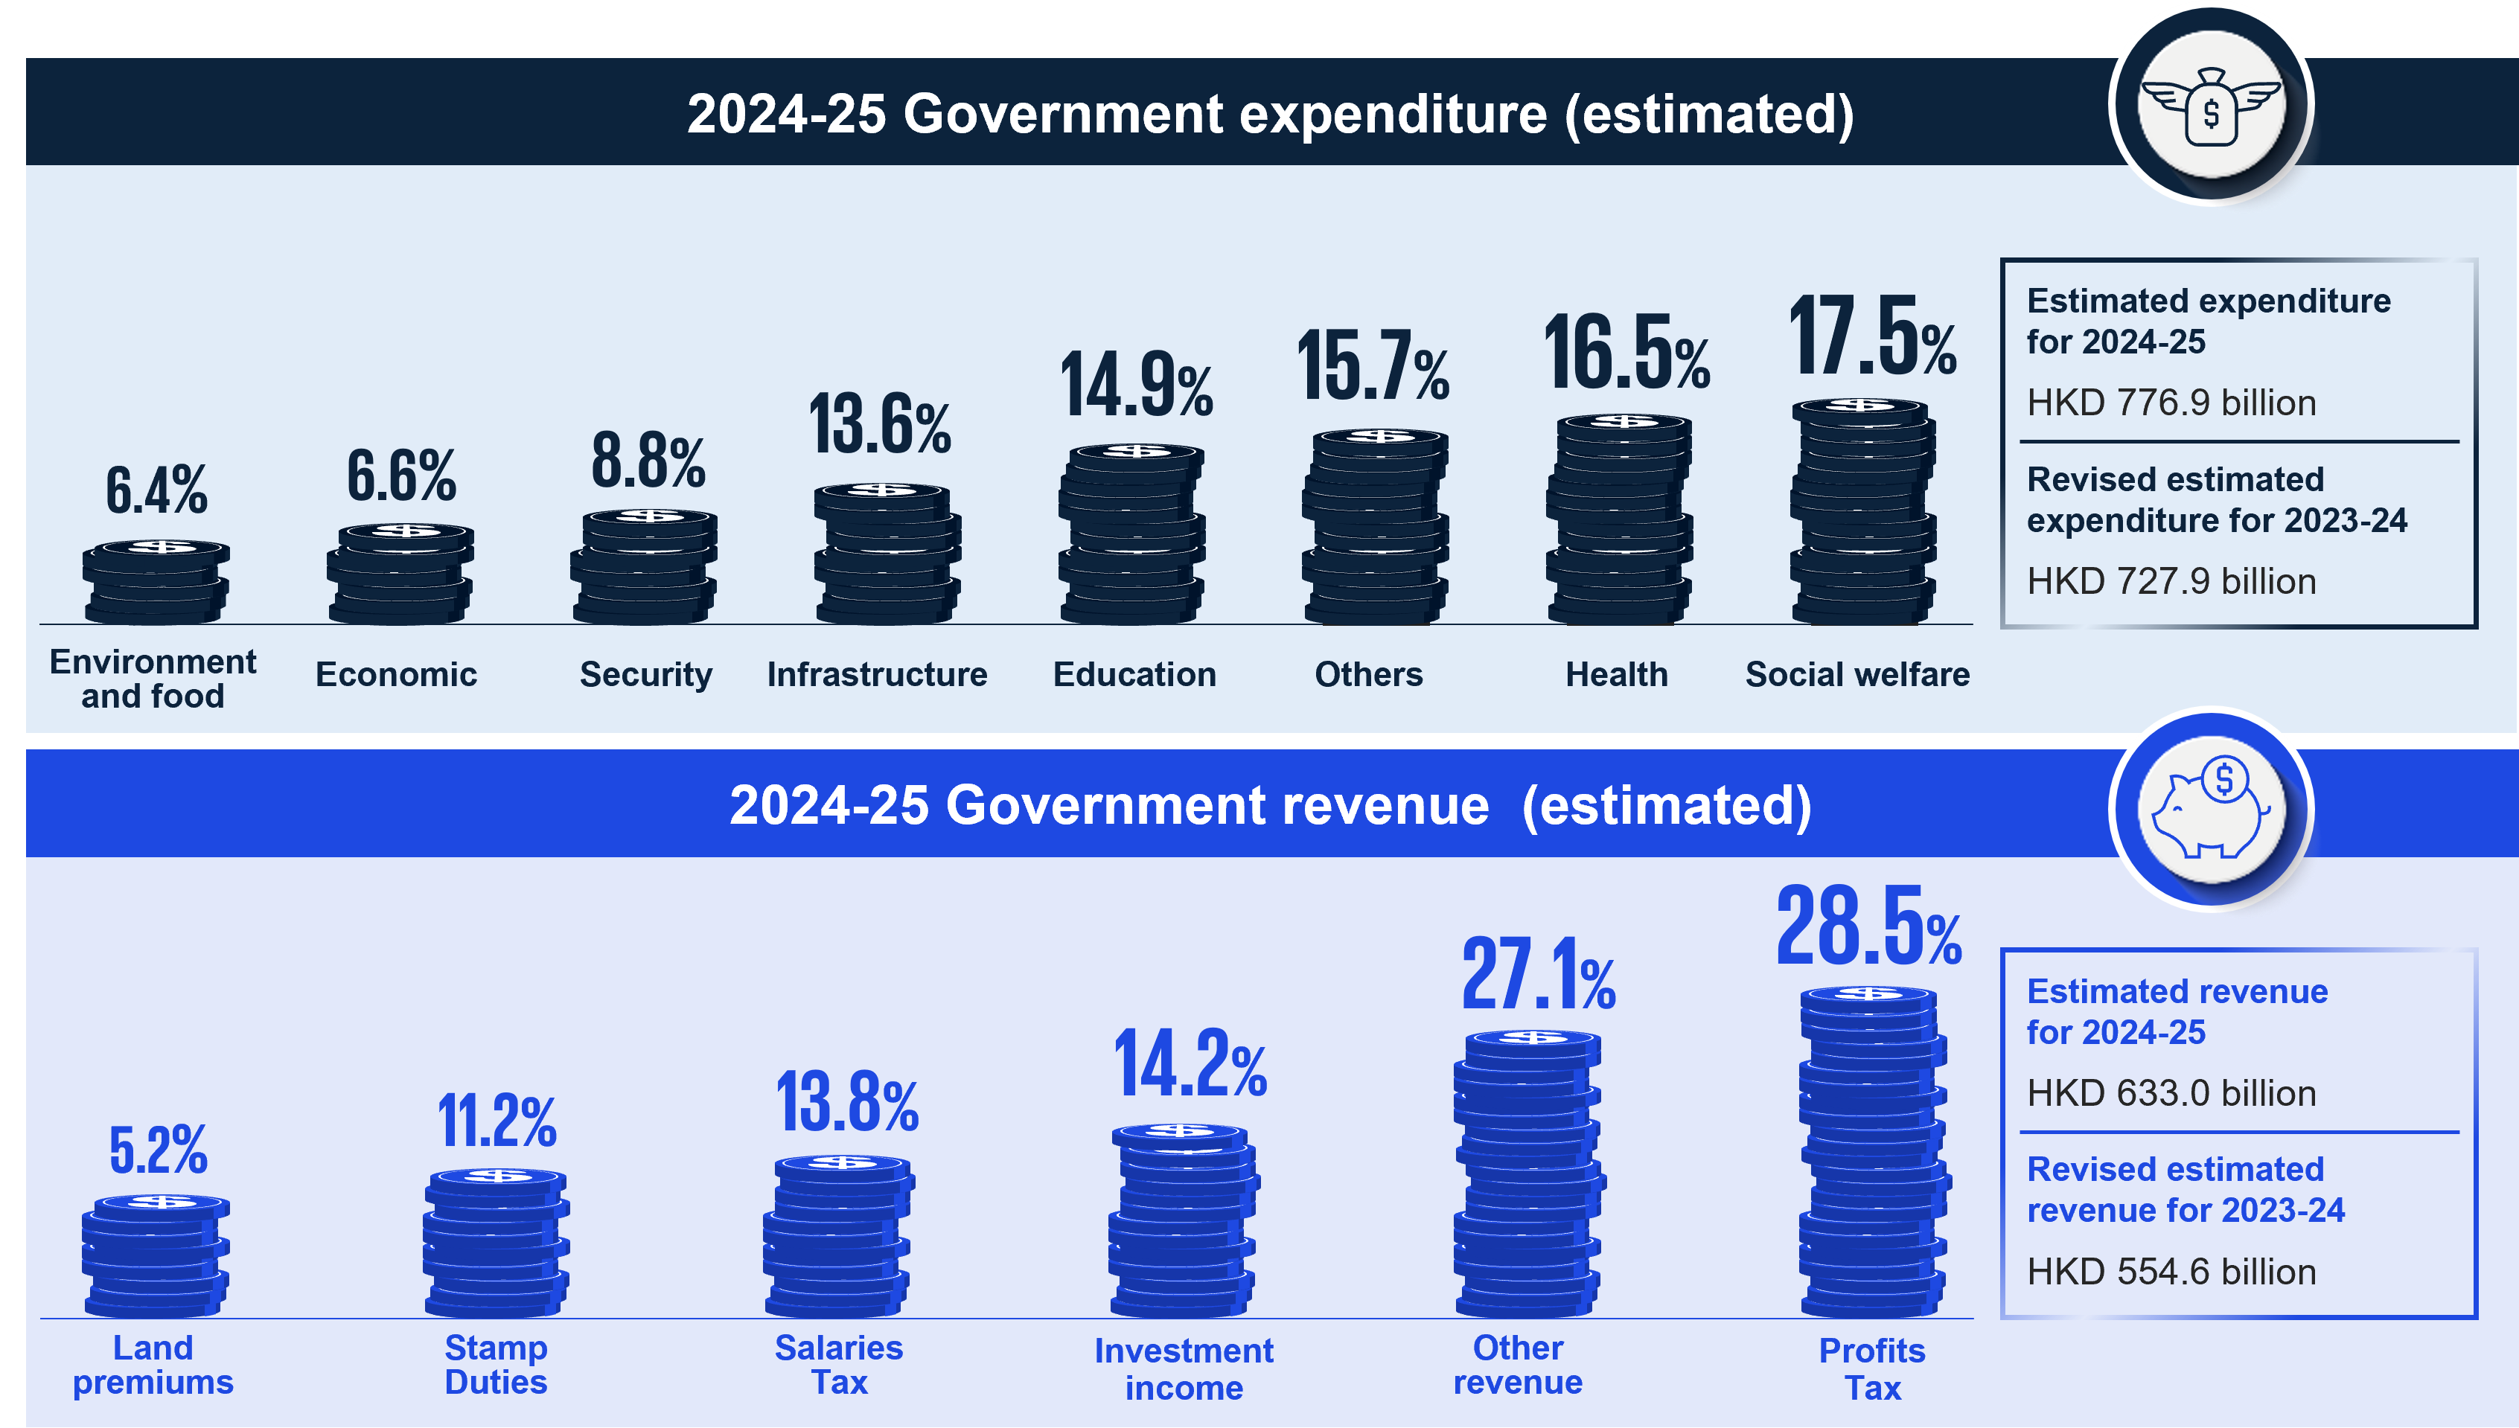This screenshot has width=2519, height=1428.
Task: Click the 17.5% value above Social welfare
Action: pyautogui.click(x=1871, y=336)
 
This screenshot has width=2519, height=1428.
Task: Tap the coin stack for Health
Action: pyautogui.click(x=1620, y=520)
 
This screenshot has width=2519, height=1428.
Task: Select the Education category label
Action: pyautogui.click(x=1134, y=675)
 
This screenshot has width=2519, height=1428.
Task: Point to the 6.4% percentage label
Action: pyautogui.click(x=157, y=490)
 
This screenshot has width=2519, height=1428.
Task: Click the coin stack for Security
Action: pyautogui.click(x=645, y=567)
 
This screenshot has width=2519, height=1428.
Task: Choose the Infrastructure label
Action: pyautogui.click(x=877, y=675)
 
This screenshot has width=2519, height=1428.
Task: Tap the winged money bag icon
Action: pyautogui.click(x=2211, y=105)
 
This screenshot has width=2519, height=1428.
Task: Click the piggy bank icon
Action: pyautogui.click(x=2211, y=809)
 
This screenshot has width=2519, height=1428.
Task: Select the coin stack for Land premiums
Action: pyautogui.click(x=156, y=1255)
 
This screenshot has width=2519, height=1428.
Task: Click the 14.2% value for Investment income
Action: pyautogui.click(x=1189, y=1063)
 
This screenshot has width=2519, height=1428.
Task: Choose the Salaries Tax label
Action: pyautogui.click(x=839, y=1364)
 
